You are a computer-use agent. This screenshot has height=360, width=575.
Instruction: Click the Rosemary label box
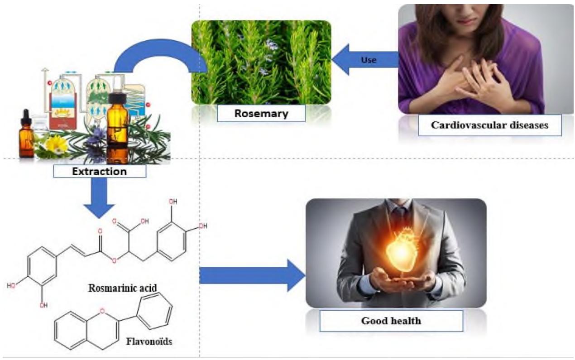tap(261, 113)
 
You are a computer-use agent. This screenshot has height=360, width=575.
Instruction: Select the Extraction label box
tap(100, 171)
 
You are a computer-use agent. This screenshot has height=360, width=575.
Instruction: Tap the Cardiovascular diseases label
tap(489, 125)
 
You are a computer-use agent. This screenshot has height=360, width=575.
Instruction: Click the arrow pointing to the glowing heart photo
tap(251, 275)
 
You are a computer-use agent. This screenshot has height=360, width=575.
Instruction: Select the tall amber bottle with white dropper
tap(118, 118)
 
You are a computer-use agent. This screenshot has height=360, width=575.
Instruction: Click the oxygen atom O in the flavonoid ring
tap(102, 311)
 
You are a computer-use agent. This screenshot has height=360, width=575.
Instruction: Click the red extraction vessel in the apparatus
tap(63, 109)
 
